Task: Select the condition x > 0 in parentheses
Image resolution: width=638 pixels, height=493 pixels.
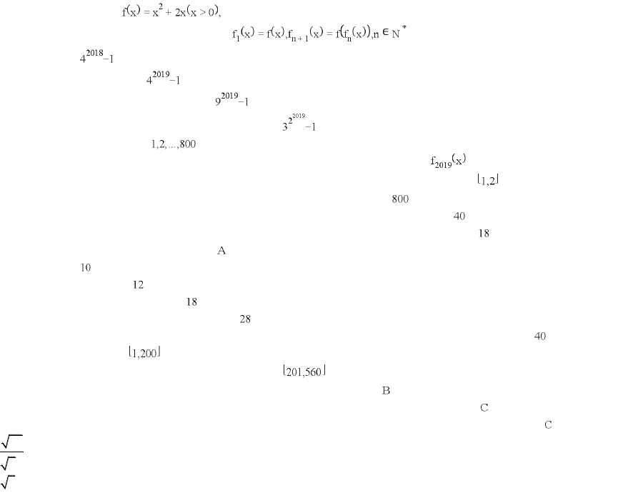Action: pos(202,12)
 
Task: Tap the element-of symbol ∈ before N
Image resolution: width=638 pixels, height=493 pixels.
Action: pos(385,32)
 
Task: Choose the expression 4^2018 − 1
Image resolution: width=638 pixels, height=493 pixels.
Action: pos(96,56)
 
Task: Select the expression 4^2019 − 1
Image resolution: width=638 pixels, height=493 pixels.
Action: pos(163,77)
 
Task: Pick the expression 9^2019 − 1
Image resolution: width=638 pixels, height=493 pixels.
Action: pos(231,99)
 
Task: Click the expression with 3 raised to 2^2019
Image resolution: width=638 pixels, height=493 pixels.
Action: pos(299,122)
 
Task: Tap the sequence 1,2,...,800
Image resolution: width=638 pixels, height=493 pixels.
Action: pos(174,144)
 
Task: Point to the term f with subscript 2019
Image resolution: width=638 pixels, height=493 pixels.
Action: pos(448,160)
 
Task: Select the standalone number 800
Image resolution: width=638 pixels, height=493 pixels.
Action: pos(400,199)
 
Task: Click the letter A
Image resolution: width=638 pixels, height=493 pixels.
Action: pos(221,251)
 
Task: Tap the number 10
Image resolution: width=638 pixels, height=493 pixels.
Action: pos(86,268)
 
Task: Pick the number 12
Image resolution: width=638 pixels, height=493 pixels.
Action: pos(138,285)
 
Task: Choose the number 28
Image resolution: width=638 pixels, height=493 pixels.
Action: pos(245,319)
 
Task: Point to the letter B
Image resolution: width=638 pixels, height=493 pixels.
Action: pos(386,391)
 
